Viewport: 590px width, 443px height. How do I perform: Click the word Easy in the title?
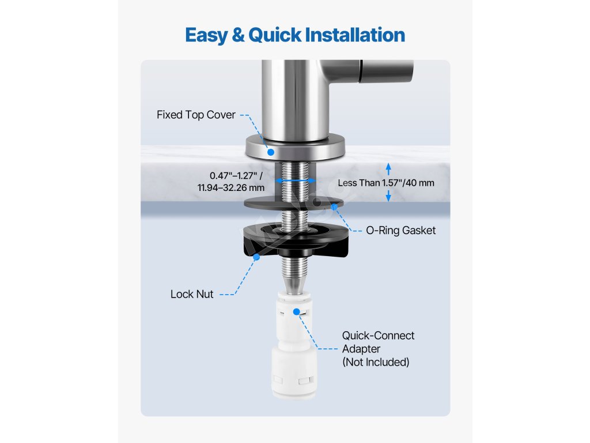pyautogui.click(x=206, y=35)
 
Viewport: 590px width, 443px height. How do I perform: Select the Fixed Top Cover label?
pyautogui.click(x=196, y=115)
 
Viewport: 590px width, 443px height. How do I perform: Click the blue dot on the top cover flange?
pyautogui.click(x=271, y=152)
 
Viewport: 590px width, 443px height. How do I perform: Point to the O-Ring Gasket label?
pyautogui.click(x=401, y=230)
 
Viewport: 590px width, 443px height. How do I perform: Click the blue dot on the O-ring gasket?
pyautogui.click(x=334, y=207)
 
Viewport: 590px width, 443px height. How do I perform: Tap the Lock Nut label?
pyautogui.click(x=192, y=294)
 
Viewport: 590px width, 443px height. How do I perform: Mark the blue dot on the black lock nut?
pyautogui.click(x=256, y=257)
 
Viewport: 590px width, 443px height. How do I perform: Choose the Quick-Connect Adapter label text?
pyautogui.click(x=378, y=342)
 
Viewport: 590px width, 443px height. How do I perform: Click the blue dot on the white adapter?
pyautogui.click(x=297, y=311)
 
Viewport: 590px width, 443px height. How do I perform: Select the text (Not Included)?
pyautogui.click(x=376, y=362)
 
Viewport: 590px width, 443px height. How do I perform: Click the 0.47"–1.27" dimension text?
pyautogui.click(x=236, y=175)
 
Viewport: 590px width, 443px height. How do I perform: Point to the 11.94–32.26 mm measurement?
pyautogui.click(x=231, y=187)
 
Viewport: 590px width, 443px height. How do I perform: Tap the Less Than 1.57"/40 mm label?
pyautogui.click(x=386, y=183)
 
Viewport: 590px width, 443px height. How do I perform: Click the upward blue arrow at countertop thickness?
pyautogui.click(x=388, y=169)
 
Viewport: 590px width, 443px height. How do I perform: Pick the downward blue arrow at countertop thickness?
pyautogui.click(x=388, y=196)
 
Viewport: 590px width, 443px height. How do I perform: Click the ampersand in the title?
pyautogui.click(x=238, y=35)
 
